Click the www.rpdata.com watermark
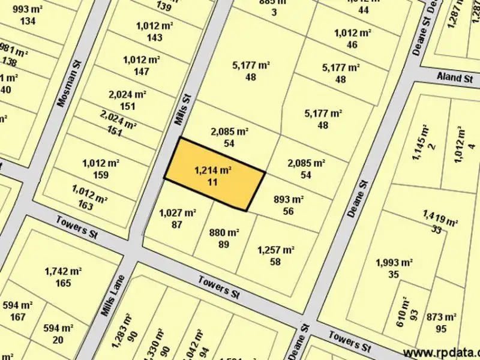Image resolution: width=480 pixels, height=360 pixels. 441,352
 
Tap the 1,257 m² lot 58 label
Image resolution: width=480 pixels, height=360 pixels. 275,256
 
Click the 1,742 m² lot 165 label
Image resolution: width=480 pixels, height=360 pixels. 62,277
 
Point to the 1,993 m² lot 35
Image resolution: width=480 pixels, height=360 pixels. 394,268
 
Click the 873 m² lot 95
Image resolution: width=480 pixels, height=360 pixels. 442,322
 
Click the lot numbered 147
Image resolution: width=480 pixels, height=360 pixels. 140,65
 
